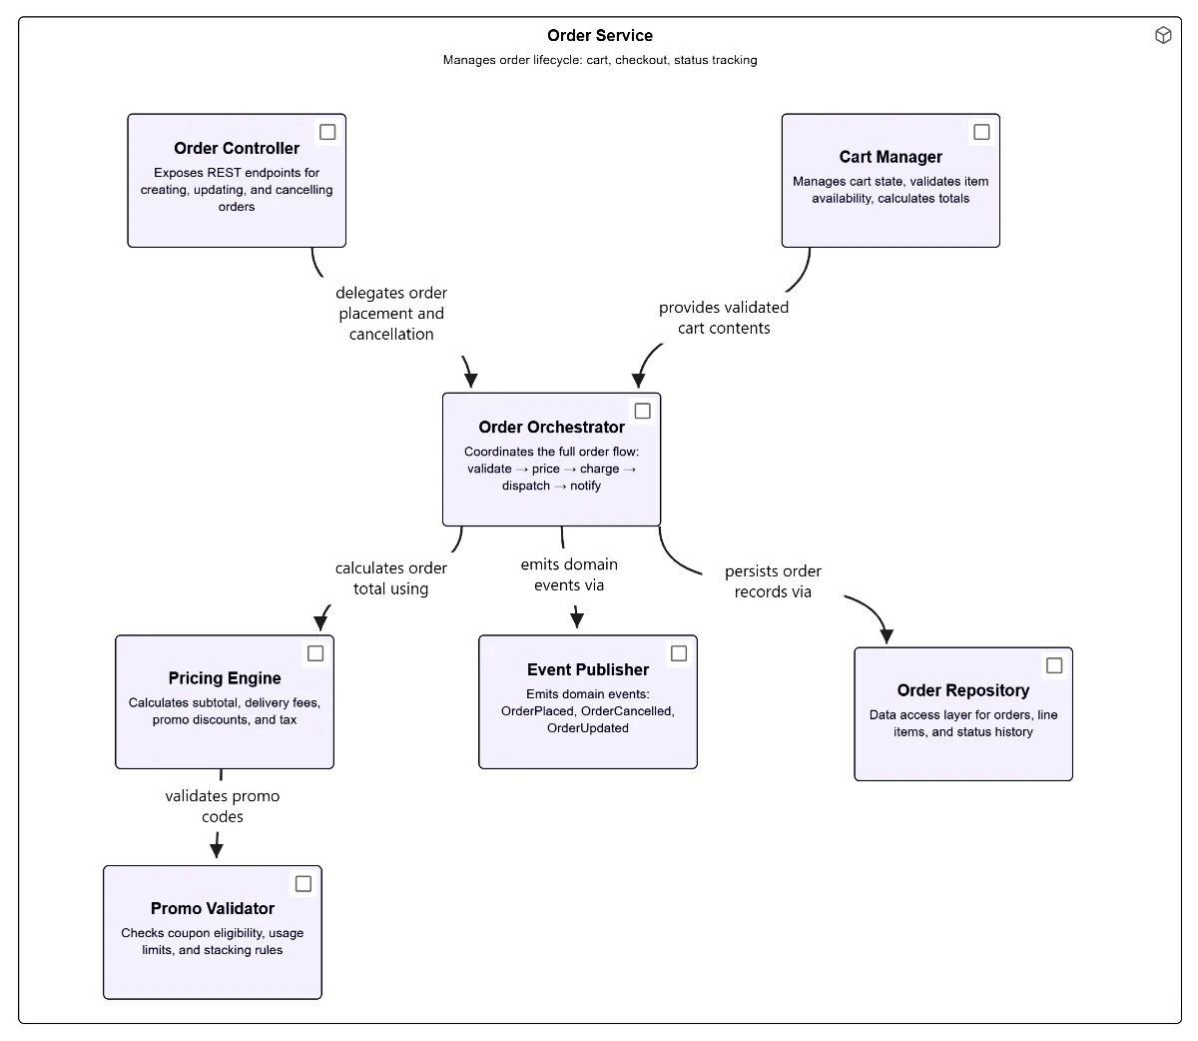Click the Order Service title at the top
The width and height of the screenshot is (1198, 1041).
point(599,36)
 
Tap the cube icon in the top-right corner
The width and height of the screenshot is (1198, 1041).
point(1163,36)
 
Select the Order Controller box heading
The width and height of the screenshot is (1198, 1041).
point(237,149)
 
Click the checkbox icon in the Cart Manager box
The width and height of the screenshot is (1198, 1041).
point(981,132)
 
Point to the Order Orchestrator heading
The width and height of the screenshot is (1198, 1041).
point(551,428)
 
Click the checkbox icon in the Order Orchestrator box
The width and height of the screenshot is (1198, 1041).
point(643,411)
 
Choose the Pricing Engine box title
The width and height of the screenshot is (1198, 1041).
point(225,678)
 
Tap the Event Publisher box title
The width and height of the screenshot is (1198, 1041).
point(588,670)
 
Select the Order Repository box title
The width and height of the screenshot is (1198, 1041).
point(962,690)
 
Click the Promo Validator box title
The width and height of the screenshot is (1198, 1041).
point(213,909)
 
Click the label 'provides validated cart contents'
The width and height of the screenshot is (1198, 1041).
point(724,318)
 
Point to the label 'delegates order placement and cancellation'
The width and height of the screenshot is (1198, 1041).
point(391,314)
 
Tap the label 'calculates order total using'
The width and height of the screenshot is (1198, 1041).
point(391,578)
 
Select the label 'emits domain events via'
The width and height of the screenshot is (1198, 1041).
point(569,574)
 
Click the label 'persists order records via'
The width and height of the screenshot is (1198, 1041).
point(773,581)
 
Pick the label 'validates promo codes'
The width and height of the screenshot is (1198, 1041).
point(222,806)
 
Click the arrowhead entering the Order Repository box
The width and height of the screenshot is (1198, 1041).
point(887,636)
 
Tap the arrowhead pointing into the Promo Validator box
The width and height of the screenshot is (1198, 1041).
point(216,850)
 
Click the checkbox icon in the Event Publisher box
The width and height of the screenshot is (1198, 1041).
point(679,653)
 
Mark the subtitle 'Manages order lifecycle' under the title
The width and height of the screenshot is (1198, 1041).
point(599,60)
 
